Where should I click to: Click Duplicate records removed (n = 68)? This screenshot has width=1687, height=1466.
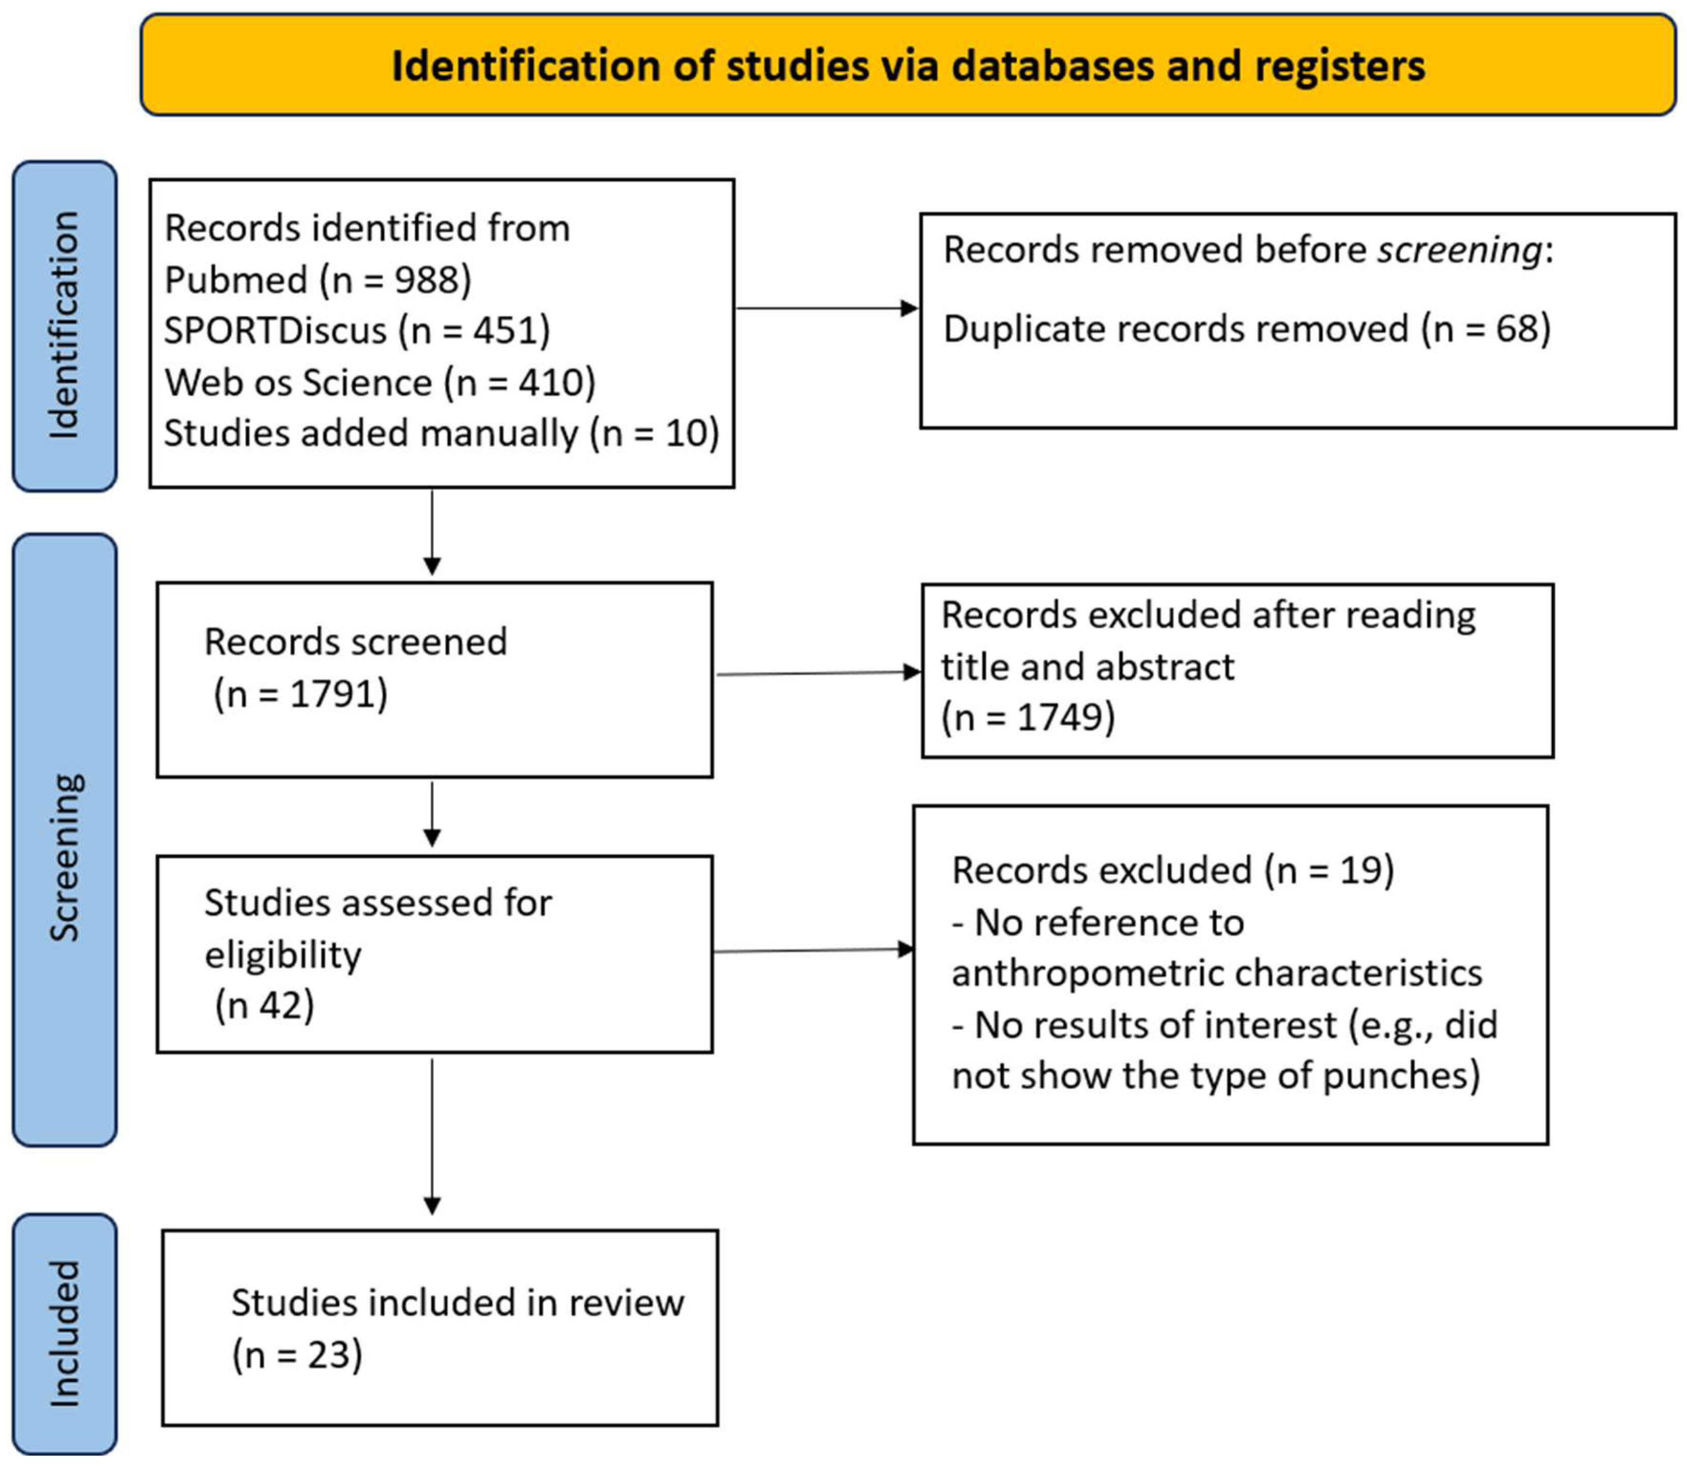coord(1246,330)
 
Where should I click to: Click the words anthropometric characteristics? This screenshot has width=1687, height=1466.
coord(1217,973)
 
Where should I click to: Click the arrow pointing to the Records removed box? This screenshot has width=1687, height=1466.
coord(826,309)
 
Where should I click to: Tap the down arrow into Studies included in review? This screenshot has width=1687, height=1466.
coord(432,1137)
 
